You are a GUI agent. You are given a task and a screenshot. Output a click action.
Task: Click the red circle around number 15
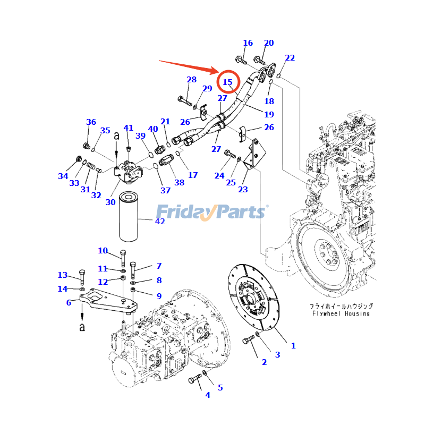pos(229,82)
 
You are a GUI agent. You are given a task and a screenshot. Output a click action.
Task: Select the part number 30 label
pos(110,202)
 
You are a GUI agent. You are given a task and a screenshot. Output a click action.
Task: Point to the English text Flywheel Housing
pos(341,313)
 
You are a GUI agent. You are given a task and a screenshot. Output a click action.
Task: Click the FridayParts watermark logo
pos(211,211)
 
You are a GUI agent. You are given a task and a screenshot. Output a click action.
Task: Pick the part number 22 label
pos(290,58)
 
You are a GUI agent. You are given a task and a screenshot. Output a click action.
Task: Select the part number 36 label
pos(91,122)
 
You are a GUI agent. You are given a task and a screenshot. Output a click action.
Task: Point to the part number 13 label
pos(63,275)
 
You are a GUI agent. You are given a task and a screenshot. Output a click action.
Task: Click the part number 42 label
pos(160,221)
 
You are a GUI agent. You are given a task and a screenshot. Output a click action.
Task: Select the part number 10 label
pos(103,251)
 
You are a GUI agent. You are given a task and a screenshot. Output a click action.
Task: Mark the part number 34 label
pos(63,176)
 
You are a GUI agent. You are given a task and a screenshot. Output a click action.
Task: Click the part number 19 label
pos(269,114)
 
